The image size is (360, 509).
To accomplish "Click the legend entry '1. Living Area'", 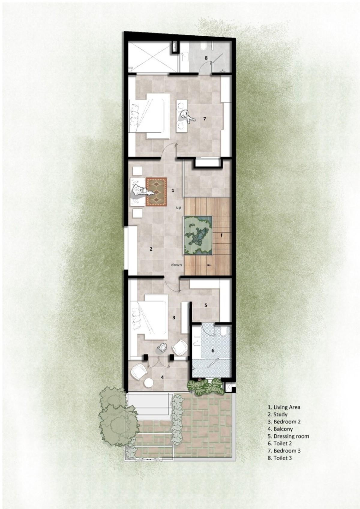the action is click(284, 407).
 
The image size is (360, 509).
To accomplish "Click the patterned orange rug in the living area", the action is click(157, 190).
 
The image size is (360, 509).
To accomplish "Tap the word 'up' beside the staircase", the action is click(178, 208).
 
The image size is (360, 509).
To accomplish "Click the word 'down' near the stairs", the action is click(177, 265).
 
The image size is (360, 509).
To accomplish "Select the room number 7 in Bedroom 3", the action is click(205, 118).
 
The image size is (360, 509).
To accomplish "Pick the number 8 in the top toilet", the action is click(206, 58).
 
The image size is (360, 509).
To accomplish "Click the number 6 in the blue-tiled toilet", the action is click(213, 351).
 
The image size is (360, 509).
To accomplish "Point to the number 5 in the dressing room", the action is click(206, 305).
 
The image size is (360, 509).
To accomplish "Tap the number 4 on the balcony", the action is click(162, 377).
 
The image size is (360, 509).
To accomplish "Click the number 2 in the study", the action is click(151, 249).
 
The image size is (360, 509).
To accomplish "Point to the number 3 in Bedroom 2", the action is click(174, 317).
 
